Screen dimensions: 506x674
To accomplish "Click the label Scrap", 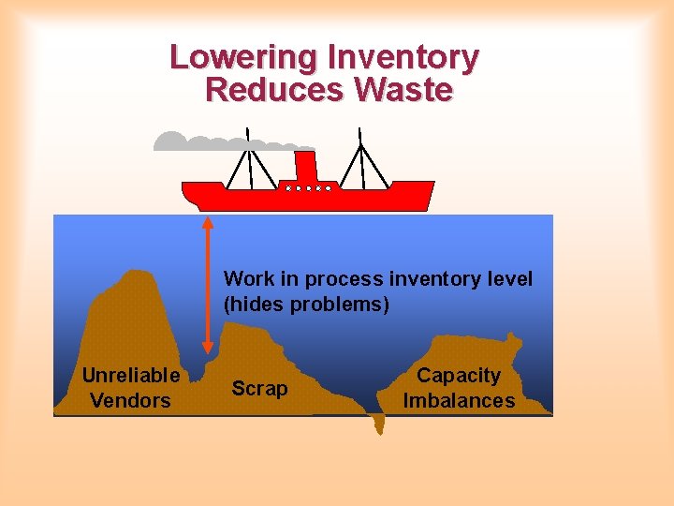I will tap(259, 388).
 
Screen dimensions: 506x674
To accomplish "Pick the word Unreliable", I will tap(131, 376).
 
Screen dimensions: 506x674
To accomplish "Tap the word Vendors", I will tap(130, 401).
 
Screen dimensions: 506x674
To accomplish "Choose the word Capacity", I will tap(459, 376).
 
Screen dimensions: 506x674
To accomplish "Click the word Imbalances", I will tap(459, 401).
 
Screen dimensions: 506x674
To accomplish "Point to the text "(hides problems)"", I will tap(306, 305).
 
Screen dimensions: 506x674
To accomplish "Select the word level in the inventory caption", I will tap(512, 279).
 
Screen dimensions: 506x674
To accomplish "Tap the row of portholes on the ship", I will tap(309, 188).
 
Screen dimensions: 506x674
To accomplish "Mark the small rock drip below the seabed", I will tap(378, 425).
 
